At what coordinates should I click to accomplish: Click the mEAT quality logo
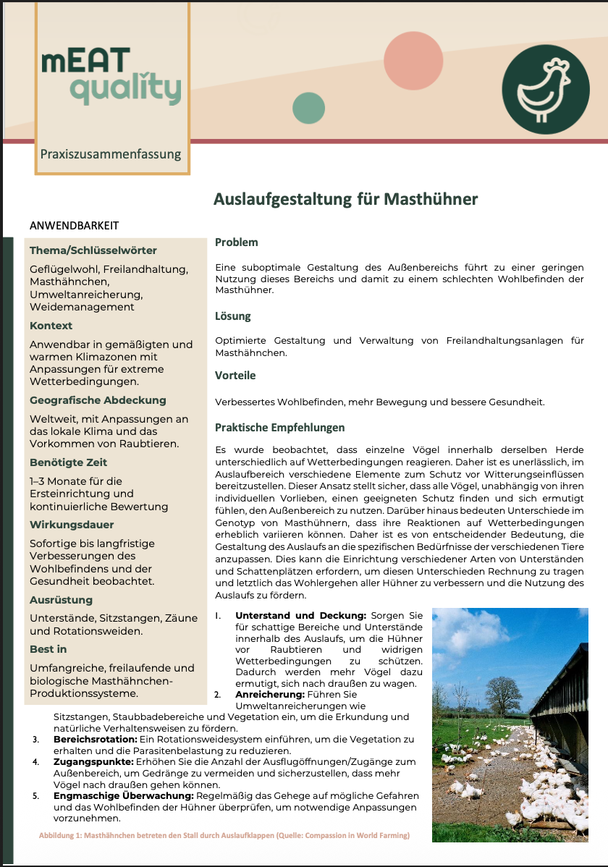[x=111, y=75]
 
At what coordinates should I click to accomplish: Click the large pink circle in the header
[x=413, y=61]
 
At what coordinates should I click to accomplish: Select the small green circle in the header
[x=308, y=108]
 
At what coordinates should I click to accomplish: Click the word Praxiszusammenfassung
[x=111, y=154]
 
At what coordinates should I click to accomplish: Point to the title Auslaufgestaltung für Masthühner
[x=345, y=198]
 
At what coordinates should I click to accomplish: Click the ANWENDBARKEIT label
[x=74, y=226]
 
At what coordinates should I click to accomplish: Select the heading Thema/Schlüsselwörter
[x=93, y=250]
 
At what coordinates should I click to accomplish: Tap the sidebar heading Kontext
[x=51, y=326]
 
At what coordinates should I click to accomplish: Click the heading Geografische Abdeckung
[x=98, y=400]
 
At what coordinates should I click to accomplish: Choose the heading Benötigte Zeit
[x=68, y=462]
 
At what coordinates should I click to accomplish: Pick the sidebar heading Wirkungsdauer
[x=72, y=525]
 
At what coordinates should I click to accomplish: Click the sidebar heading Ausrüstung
[x=61, y=600]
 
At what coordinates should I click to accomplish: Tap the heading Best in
[x=48, y=650]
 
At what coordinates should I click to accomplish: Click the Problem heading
[x=236, y=242]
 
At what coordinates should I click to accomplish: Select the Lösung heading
[x=232, y=316]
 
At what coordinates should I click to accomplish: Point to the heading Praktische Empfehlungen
[x=279, y=428]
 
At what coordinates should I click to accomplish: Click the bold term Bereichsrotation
[x=95, y=739]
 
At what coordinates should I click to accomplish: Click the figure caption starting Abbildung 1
[x=224, y=836]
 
